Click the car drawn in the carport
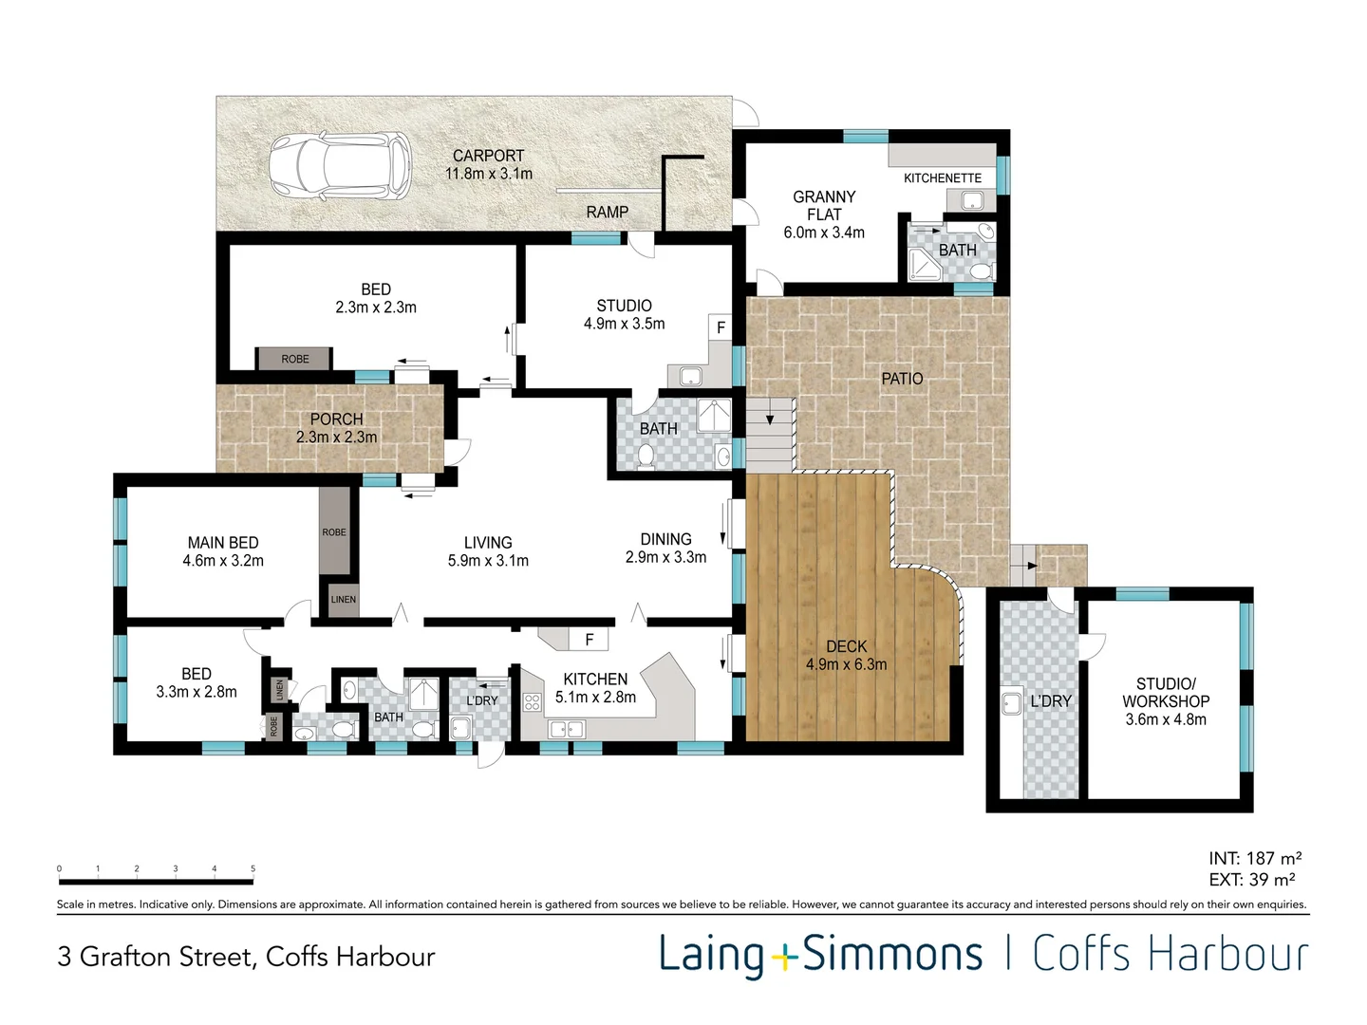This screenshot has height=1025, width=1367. (x=340, y=166)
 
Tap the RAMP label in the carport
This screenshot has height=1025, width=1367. (x=607, y=213)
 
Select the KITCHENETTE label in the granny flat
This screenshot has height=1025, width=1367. (x=943, y=178)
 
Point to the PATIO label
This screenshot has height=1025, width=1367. (x=902, y=379)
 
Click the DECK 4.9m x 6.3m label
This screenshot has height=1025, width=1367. (x=847, y=655)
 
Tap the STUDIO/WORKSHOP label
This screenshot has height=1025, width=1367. (x=1165, y=693)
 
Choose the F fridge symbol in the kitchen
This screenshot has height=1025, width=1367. (x=590, y=639)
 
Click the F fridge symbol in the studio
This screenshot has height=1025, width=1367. (x=721, y=328)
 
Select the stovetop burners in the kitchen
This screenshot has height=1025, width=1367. (x=532, y=702)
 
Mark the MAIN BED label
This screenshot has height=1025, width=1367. (x=223, y=543)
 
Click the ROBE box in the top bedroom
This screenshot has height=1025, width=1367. (x=294, y=359)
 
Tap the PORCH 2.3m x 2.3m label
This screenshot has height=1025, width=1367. (x=336, y=428)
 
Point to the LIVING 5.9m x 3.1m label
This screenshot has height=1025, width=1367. (x=488, y=551)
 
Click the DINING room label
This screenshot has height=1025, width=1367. (x=665, y=539)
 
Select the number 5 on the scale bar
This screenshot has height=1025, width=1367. (x=253, y=868)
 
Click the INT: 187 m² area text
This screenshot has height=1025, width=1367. (x=1255, y=858)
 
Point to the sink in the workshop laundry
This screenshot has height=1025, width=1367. (x=1012, y=703)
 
